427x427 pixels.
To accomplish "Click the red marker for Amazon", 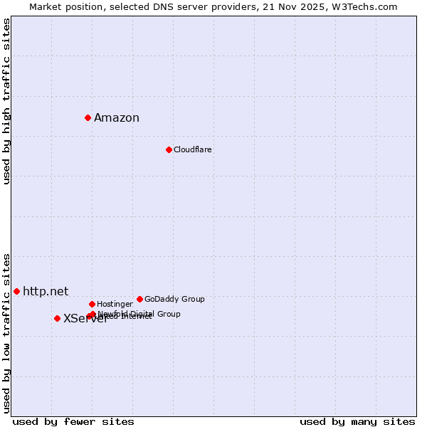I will pos(88,117).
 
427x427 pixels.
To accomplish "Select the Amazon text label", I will pos(117,118).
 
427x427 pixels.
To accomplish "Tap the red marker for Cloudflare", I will pos(169,149).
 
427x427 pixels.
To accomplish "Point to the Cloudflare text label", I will pos(192,150).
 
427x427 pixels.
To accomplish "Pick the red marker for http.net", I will pos(16,291).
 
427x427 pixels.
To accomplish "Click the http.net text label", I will pos(46,291).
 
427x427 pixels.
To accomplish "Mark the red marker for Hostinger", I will pos(92,304).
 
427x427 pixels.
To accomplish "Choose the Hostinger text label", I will pos(115,305).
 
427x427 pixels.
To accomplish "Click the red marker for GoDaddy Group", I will pos(139,299).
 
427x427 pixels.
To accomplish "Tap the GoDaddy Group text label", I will pos(174,300).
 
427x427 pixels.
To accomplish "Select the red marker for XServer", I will pos(57,318).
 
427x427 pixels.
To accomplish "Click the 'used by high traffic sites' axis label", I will pos(7,101).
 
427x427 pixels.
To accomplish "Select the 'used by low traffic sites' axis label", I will pos(7,333).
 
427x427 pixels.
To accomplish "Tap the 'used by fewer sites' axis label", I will pos(73,422).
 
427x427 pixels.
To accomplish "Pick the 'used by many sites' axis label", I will pos(357,422).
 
